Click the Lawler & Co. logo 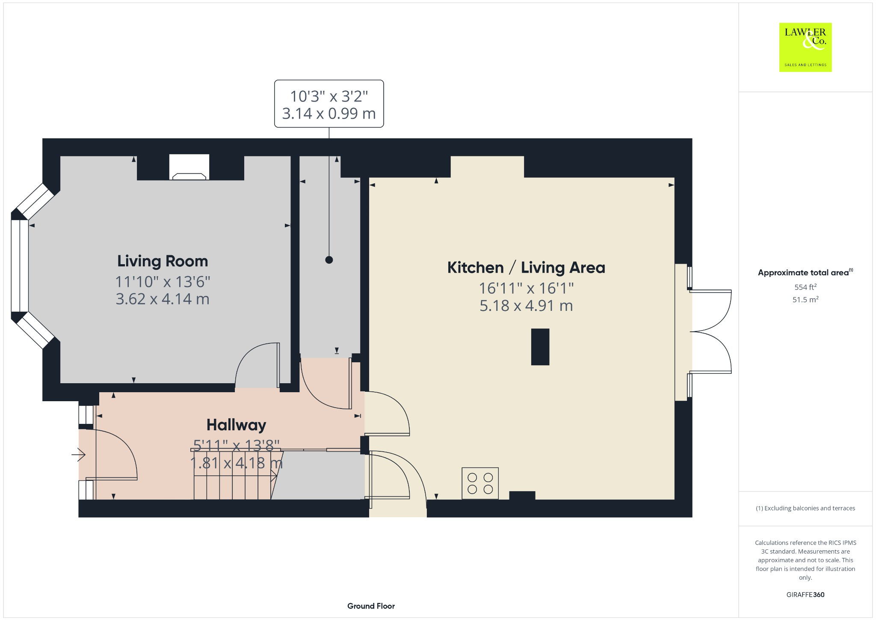[805, 47]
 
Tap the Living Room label [163, 261]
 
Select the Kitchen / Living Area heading [526, 268]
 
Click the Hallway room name [236, 425]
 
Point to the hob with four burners [480, 483]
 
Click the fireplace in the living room [189, 168]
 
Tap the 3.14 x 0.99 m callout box [329, 104]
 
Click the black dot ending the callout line [329, 260]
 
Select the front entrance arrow [79, 454]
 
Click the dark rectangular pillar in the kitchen [540, 347]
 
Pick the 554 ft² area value [805, 287]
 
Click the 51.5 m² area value [805, 299]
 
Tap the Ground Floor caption [371, 606]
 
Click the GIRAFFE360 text [805, 595]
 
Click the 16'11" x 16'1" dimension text [526, 288]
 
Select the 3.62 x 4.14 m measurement [163, 299]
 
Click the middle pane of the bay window [20, 265]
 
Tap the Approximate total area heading [803, 273]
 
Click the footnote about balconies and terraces [805, 508]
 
